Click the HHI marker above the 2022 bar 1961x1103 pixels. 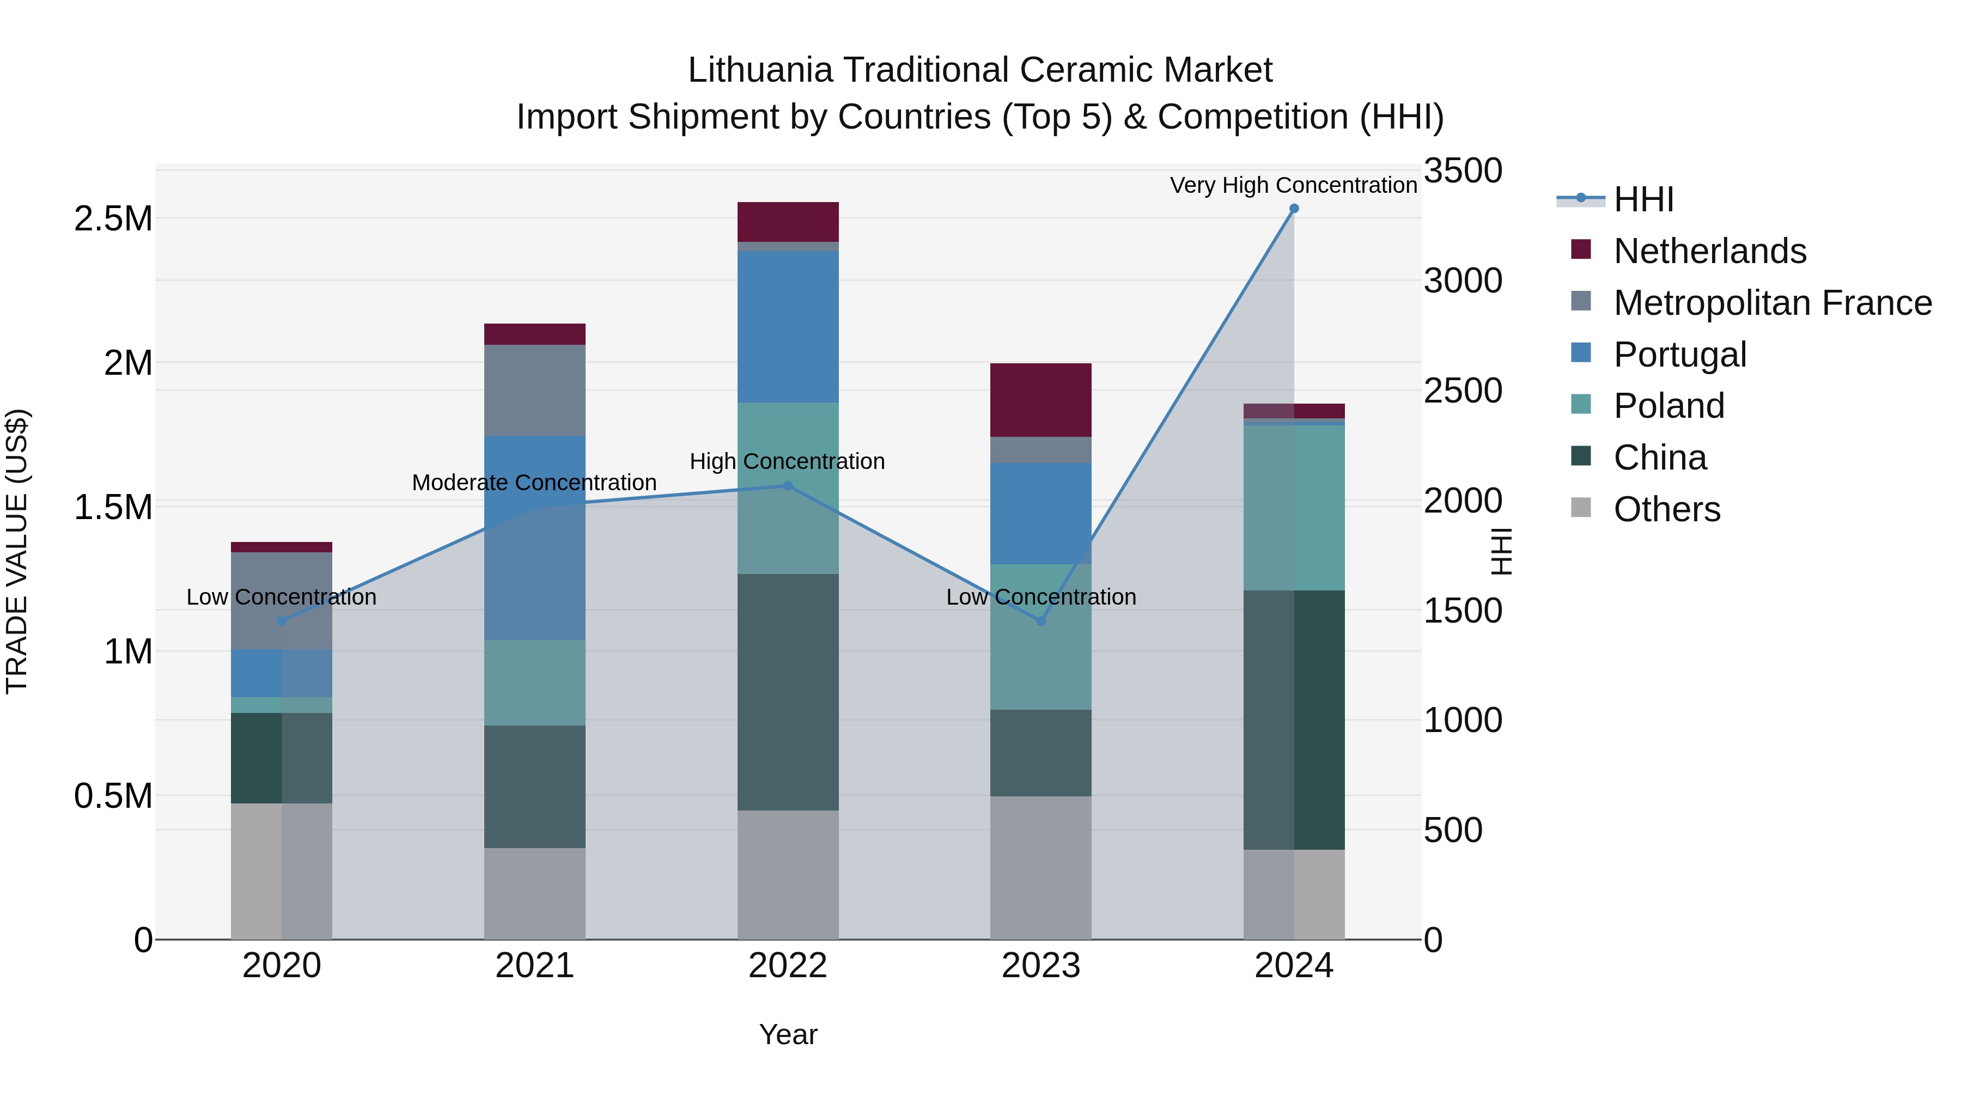[x=788, y=486]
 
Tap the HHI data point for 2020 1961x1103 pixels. [x=282, y=621]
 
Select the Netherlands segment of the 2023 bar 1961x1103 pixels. [x=1040, y=400]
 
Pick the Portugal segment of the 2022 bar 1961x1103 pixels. [x=788, y=327]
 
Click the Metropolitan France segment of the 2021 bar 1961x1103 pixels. [x=534, y=390]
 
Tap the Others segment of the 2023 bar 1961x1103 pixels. [x=1040, y=868]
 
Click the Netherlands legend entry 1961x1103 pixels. [x=1709, y=251]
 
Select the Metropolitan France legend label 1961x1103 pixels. [x=1772, y=303]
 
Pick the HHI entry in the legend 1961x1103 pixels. [x=1643, y=199]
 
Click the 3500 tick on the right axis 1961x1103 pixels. [x=1463, y=170]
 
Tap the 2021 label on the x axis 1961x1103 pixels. [x=534, y=966]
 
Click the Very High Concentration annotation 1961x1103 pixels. [x=1293, y=185]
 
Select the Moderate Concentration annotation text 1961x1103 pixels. [x=534, y=483]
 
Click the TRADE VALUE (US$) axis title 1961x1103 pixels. [x=17, y=551]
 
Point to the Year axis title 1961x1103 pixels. [x=788, y=1034]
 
